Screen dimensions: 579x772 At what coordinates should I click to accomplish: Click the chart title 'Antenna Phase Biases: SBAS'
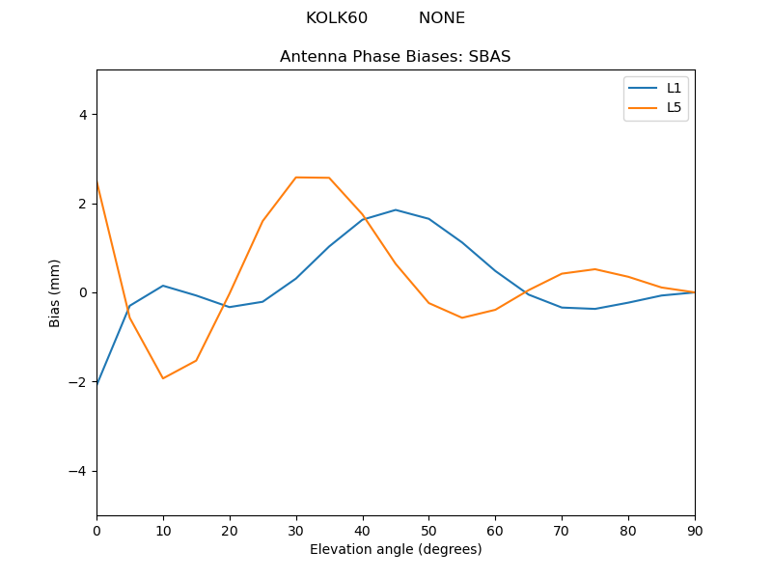coord(395,57)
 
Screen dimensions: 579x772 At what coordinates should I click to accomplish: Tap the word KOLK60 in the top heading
coord(337,18)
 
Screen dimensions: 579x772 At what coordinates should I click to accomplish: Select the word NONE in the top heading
coord(441,18)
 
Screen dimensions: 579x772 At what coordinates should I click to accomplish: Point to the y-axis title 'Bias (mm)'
coord(55,292)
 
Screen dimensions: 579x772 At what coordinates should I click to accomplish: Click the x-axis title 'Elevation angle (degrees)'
coord(395,550)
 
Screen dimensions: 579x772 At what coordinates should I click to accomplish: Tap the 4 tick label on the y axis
coord(82,115)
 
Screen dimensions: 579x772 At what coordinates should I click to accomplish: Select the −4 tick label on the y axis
coord(78,471)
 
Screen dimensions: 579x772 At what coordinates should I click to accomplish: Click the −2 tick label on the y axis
coord(78,382)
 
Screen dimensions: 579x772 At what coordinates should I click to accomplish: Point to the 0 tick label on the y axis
coord(82,292)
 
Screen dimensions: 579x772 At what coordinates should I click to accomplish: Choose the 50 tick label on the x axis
coord(428,530)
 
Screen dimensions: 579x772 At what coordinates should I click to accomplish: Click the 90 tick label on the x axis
coord(694,530)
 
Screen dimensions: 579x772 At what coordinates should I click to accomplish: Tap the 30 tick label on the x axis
coord(296,530)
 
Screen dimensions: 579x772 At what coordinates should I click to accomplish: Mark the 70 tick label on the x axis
coord(562,530)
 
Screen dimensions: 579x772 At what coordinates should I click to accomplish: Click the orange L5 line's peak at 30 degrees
coord(296,178)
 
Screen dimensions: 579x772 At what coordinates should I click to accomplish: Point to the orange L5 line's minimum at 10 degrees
coord(163,378)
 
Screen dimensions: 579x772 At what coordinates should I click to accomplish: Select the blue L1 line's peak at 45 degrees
coord(396,209)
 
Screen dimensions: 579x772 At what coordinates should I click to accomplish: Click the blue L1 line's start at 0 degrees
coord(97,385)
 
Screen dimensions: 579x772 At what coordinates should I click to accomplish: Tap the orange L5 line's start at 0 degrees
coord(97,182)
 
